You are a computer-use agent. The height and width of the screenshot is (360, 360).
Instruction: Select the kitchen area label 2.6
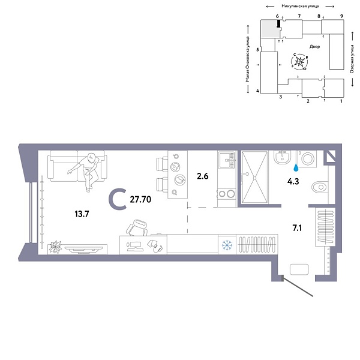coord(202,176)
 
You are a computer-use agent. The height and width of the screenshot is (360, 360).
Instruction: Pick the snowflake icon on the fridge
coord(227,244)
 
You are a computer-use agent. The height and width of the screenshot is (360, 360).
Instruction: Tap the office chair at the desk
coord(137,229)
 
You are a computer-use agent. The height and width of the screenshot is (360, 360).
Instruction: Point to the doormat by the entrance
coord(298,269)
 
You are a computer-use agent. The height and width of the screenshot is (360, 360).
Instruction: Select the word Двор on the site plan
coord(315,46)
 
